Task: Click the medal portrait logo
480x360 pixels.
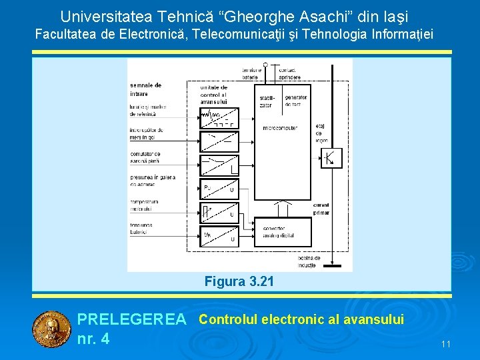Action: click(51, 329)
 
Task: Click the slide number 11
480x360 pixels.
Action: click(446, 344)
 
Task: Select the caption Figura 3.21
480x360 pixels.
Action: click(239, 281)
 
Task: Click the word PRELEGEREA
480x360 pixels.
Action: click(132, 320)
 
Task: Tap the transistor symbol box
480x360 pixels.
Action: click(331, 157)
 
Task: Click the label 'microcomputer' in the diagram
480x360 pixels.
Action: click(280, 127)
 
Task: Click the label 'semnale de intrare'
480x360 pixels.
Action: click(146, 89)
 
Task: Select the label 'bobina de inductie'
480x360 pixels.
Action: click(309, 261)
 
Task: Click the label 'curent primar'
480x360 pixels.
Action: click(321, 209)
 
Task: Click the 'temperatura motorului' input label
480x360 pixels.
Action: click(145, 205)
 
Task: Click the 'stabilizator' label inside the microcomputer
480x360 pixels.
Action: click(266, 102)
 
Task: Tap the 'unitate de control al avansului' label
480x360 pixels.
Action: click(214, 95)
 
